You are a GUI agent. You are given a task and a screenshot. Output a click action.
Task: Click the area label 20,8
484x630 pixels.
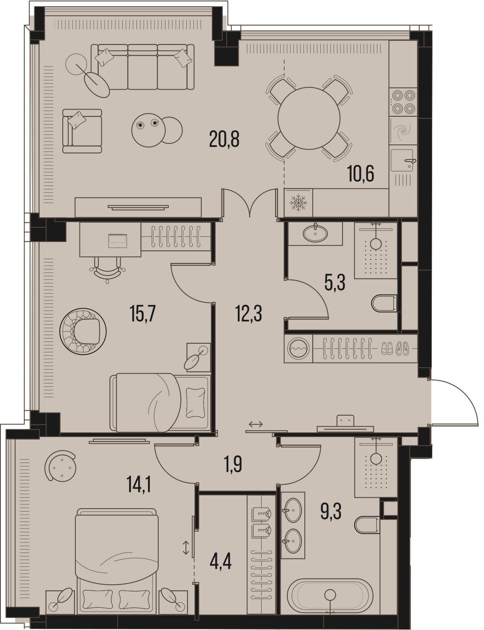(x=224, y=139)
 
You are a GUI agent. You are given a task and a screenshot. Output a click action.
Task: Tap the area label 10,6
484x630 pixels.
(x=360, y=173)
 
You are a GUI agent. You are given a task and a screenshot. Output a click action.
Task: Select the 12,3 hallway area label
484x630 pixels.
(x=249, y=314)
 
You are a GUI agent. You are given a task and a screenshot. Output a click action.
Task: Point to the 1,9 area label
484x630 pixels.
(x=233, y=464)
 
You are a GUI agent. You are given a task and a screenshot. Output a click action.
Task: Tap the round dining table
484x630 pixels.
(x=308, y=118)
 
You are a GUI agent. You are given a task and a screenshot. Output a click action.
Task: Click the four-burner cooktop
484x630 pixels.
(x=403, y=102)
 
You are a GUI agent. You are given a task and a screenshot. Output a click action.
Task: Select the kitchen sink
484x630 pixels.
(x=403, y=160)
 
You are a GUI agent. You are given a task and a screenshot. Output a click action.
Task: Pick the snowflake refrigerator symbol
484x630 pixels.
(x=298, y=202)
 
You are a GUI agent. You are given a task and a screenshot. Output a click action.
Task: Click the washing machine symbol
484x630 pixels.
(x=298, y=349)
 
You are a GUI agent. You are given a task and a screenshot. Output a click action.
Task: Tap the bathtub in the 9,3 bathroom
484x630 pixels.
(x=330, y=596)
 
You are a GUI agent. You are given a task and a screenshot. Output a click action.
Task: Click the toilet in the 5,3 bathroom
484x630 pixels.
(x=384, y=304)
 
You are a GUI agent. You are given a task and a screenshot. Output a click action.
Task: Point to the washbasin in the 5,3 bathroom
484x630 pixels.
(x=315, y=233)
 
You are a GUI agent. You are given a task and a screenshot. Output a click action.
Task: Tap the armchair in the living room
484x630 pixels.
(x=82, y=131)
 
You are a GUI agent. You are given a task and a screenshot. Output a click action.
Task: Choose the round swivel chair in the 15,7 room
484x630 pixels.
(x=83, y=331)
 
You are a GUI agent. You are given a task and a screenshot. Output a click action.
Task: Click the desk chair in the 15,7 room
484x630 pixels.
(x=107, y=270)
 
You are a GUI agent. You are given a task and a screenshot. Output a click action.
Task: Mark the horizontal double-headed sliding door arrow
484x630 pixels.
(x=255, y=425)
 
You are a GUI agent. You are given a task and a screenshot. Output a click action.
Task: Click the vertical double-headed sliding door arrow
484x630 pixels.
(x=186, y=547)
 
